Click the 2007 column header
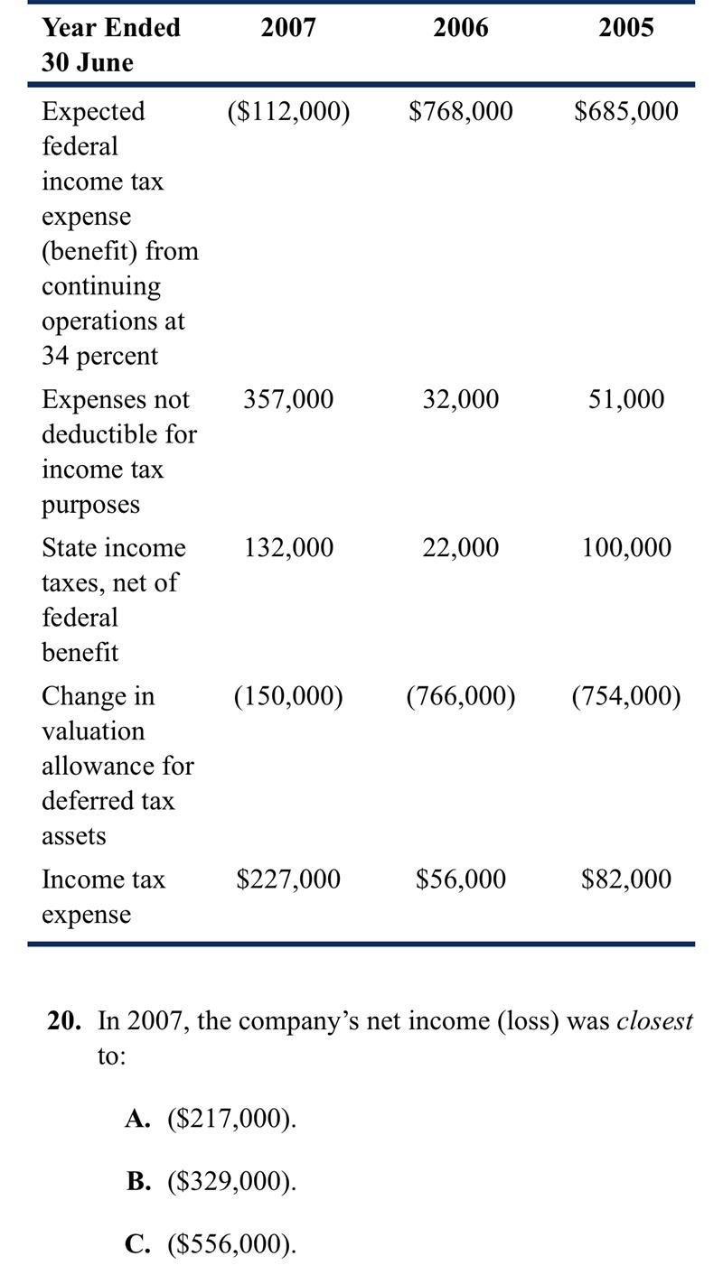pos(288,28)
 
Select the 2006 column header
pos(460,28)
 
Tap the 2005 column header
pos(626,28)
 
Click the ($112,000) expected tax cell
pos(288,111)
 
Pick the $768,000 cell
pos(460,111)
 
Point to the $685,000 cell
pos(626,111)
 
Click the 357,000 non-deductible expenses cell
pos(288,399)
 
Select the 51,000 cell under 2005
pos(626,399)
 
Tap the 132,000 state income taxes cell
pos(288,548)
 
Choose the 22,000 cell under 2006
pos(460,548)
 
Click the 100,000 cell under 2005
pos(626,548)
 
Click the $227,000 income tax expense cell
pos(288,879)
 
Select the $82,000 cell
pos(626,879)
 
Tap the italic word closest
pos(654,1021)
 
